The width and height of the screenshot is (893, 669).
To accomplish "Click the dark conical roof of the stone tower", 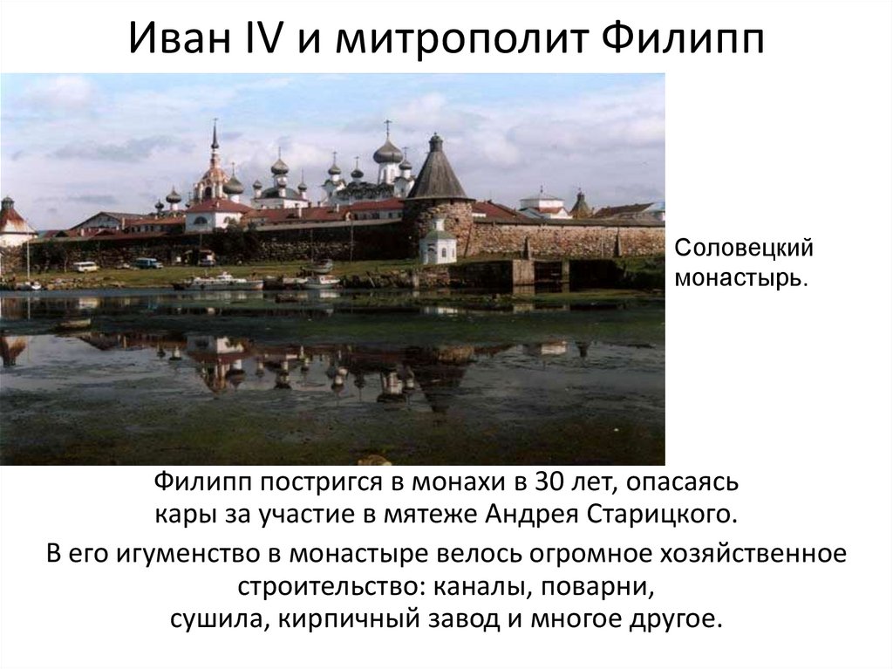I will pos(437,174).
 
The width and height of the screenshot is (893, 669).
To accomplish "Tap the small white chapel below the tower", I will pos(438,248).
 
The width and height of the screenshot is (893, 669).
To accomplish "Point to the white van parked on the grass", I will pos(85,266).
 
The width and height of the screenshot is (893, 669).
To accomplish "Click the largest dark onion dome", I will pos(388,152).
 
